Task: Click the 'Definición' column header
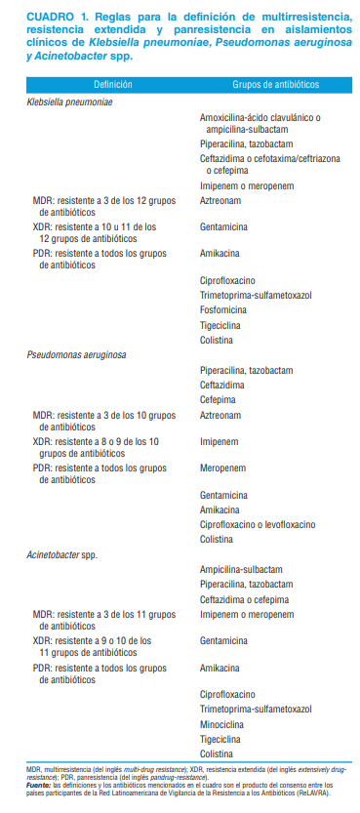click(x=114, y=86)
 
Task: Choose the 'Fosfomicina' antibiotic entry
click(x=226, y=310)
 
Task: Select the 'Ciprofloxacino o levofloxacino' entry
click(x=258, y=524)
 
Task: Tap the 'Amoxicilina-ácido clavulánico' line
click(x=259, y=117)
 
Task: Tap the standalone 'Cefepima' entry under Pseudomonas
click(x=219, y=399)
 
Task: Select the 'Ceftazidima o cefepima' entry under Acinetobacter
click(x=241, y=598)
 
